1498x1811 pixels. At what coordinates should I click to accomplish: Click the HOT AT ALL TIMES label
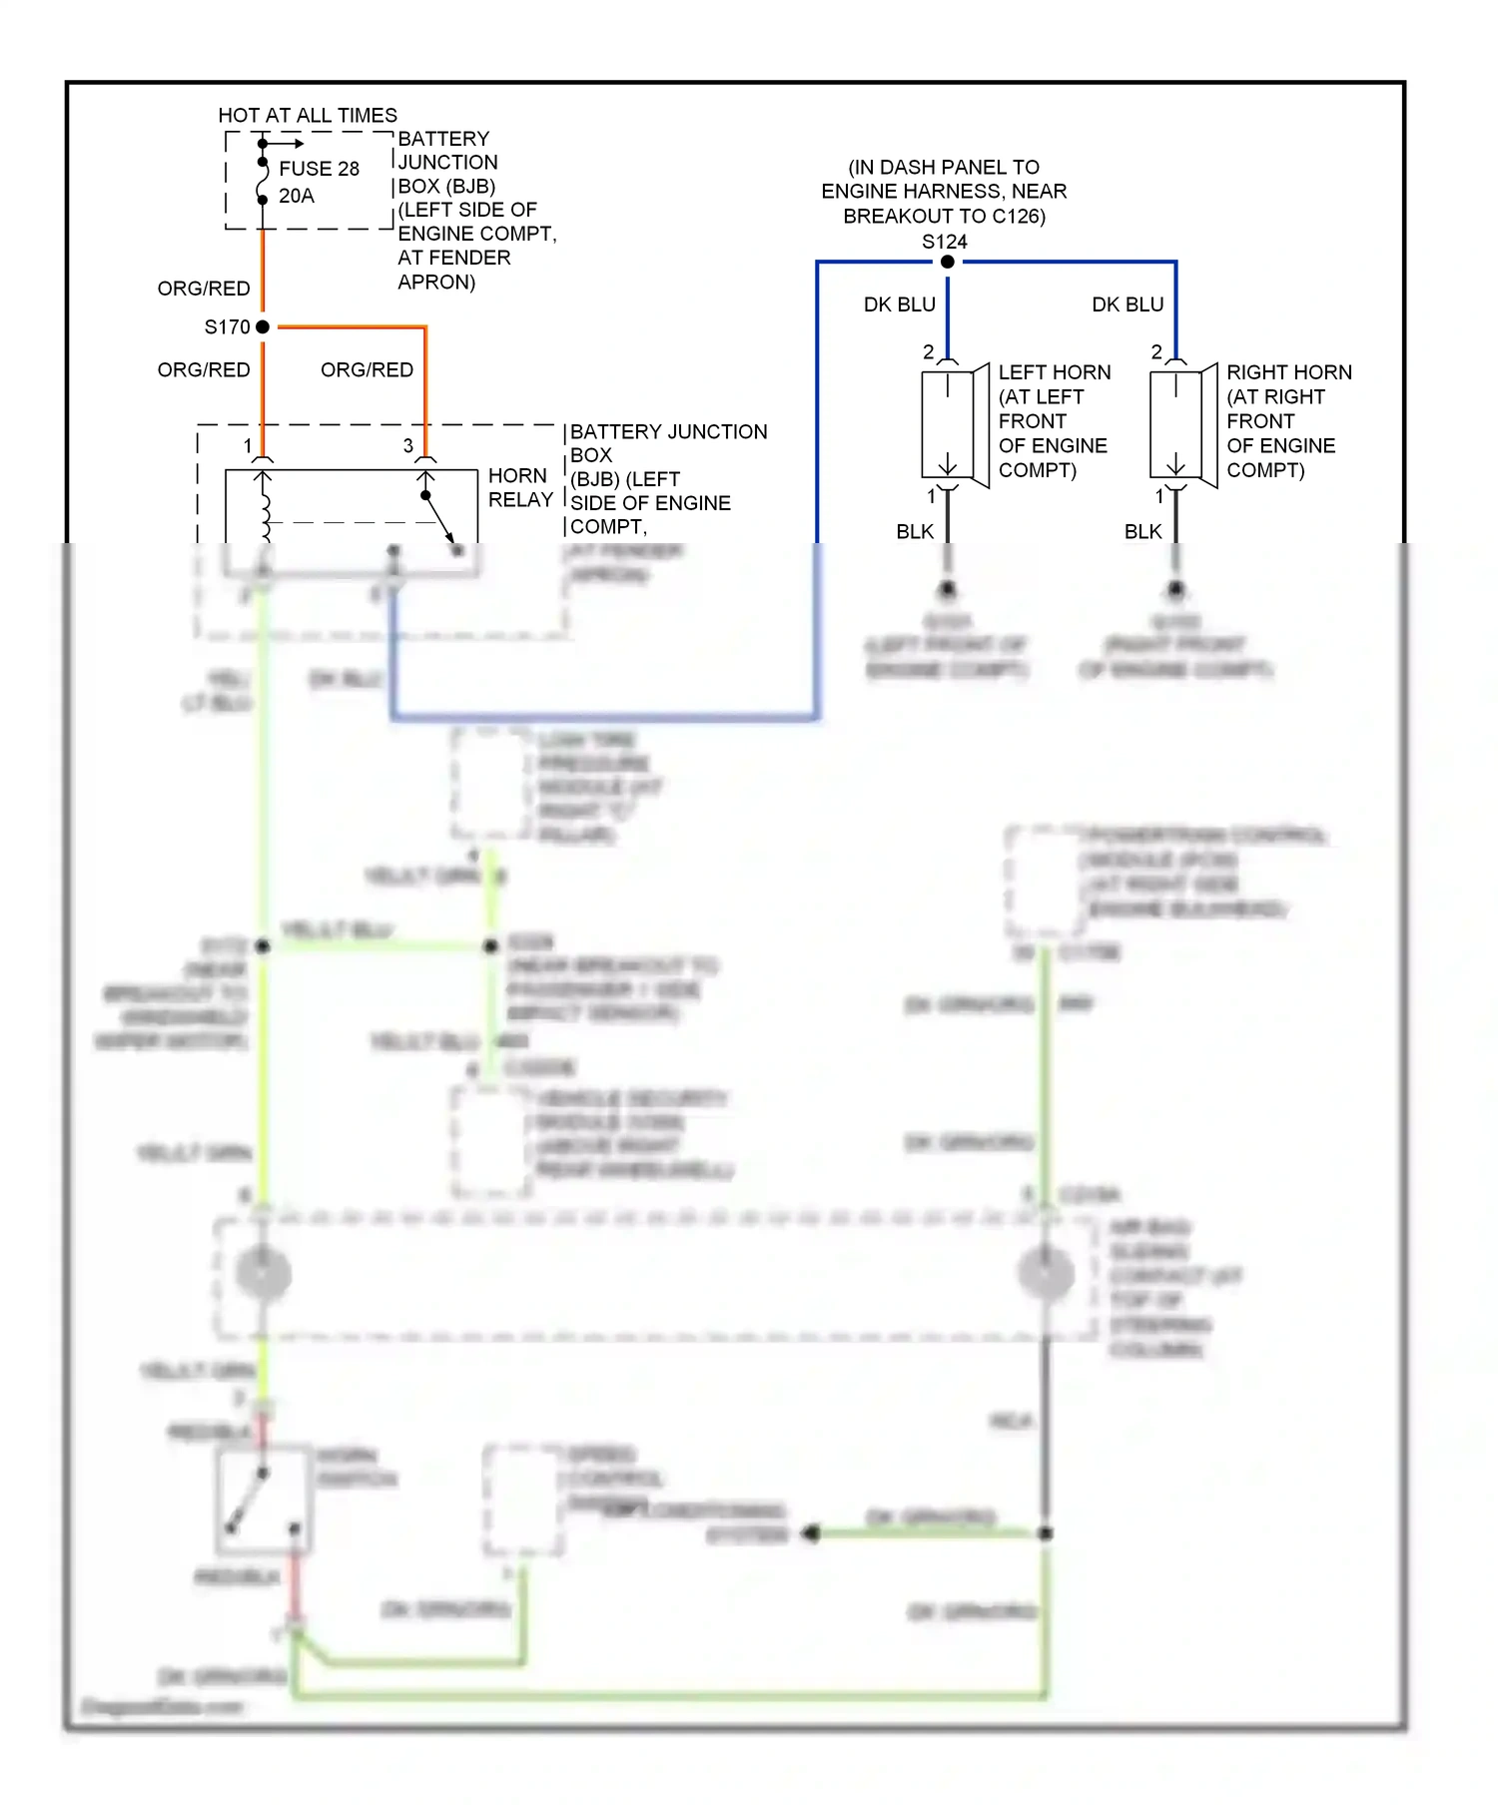click(x=308, y=116)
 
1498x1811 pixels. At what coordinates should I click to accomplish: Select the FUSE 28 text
click(x=319, y=169)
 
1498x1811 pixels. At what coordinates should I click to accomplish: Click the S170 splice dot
click(x=263, y=326)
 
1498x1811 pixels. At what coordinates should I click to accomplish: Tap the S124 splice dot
click(x=947, y=262)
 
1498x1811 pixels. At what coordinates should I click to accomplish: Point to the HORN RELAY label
click(x=519, y=487)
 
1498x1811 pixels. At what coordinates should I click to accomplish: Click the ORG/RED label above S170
click(x=204, y=289)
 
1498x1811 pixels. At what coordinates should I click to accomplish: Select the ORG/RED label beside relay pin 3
click(x=367, y=370)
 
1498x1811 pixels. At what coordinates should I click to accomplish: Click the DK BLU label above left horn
click(x=899, y=304)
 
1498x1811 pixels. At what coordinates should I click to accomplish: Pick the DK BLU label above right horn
click(x=1127, y=304)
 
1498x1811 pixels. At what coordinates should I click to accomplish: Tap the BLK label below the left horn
click(x=915, y=532)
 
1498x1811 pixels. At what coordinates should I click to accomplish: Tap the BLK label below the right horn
click(x=1142, y=532)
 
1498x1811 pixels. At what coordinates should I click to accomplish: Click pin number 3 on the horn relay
click(x=407, y=446)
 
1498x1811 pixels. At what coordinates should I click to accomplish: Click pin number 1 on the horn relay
click(x=248, y=446)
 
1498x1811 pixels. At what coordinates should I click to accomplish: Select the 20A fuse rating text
click(x=297, y=196)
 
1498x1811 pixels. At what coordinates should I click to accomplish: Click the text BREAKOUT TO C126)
click(x=944, y=216)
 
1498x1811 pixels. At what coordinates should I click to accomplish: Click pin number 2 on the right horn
click(x=1156, y=351)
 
